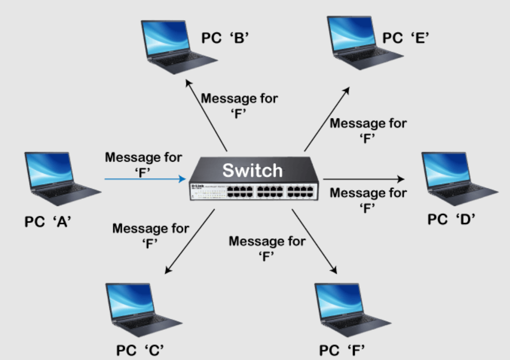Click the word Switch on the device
click(x=253, y=170)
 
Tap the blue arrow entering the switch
click(x=146, y=178)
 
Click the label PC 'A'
click(x=48, y=221)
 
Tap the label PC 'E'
click(x=404, y=38)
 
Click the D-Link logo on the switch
click(x=197, y=186)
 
